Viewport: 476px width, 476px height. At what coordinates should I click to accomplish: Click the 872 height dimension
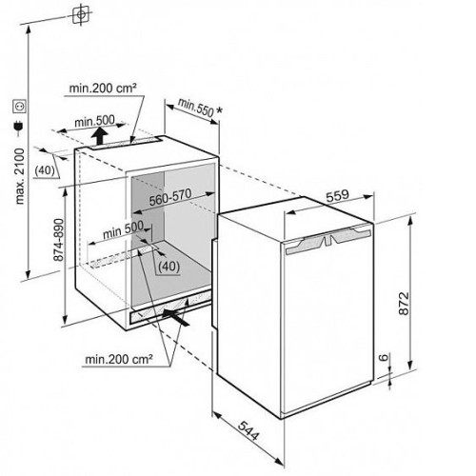(404, 304)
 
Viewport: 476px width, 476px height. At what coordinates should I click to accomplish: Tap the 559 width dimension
(337, 196)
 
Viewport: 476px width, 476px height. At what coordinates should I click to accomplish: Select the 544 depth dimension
(248, 430)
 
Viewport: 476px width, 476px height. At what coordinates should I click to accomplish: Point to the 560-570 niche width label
(170, 198)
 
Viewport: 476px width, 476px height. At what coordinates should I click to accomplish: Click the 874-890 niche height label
(59, 240)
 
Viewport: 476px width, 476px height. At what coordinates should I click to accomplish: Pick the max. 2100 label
(20, 176)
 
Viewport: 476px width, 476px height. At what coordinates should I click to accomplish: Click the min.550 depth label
(195, 107)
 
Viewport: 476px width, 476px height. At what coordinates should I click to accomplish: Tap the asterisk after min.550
(219, 110)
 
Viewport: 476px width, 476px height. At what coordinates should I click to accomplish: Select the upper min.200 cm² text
(103, 88)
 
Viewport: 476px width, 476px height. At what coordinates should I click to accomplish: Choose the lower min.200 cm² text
(119, 359)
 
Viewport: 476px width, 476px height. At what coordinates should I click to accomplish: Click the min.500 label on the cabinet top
(94, 121)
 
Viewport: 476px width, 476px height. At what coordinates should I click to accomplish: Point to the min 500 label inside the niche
(123, 230)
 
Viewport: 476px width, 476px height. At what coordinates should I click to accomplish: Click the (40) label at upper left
(45, 170)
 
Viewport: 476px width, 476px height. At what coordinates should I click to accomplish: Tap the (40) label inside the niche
(169, 267)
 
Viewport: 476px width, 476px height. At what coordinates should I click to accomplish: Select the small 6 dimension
(384, 357)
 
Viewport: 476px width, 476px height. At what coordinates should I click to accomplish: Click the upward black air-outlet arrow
(101, 136)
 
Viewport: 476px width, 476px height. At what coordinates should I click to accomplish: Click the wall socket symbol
(19, 106)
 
